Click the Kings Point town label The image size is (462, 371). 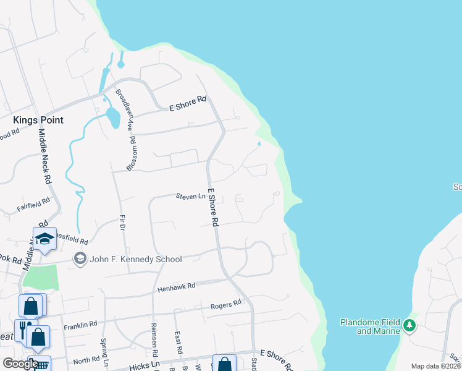38,119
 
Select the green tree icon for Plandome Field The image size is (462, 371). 408,325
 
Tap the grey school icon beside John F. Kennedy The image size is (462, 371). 80,258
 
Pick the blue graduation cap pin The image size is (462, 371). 44,239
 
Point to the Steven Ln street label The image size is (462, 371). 190,197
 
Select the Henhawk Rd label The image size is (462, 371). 176,287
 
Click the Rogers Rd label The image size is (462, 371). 225,304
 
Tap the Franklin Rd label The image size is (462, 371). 80,324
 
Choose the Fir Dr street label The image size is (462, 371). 122,223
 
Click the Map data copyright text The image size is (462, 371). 435,366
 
